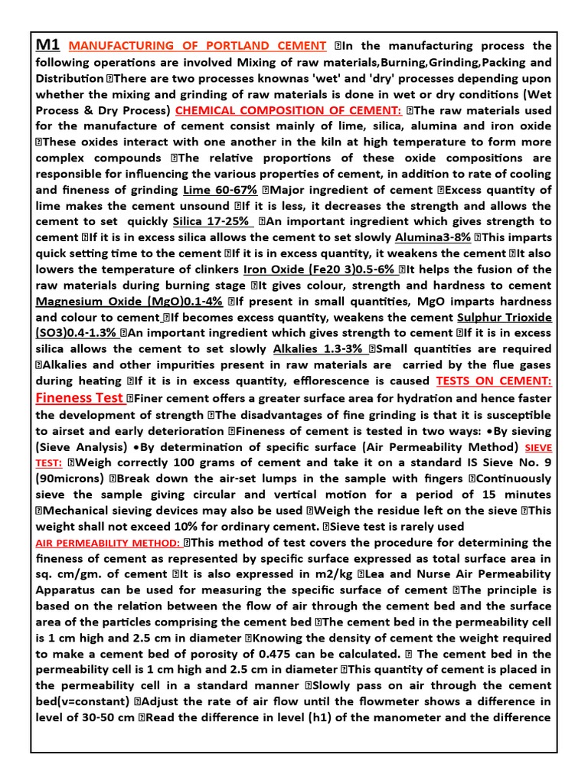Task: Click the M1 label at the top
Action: click(x=48, y=44)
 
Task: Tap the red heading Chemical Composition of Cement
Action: click(x=289, y=110)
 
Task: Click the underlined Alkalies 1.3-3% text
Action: click(x=321, y=348)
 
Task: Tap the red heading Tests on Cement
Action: click(x=494, y=381)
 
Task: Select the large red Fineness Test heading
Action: click(x=80, y=397)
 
